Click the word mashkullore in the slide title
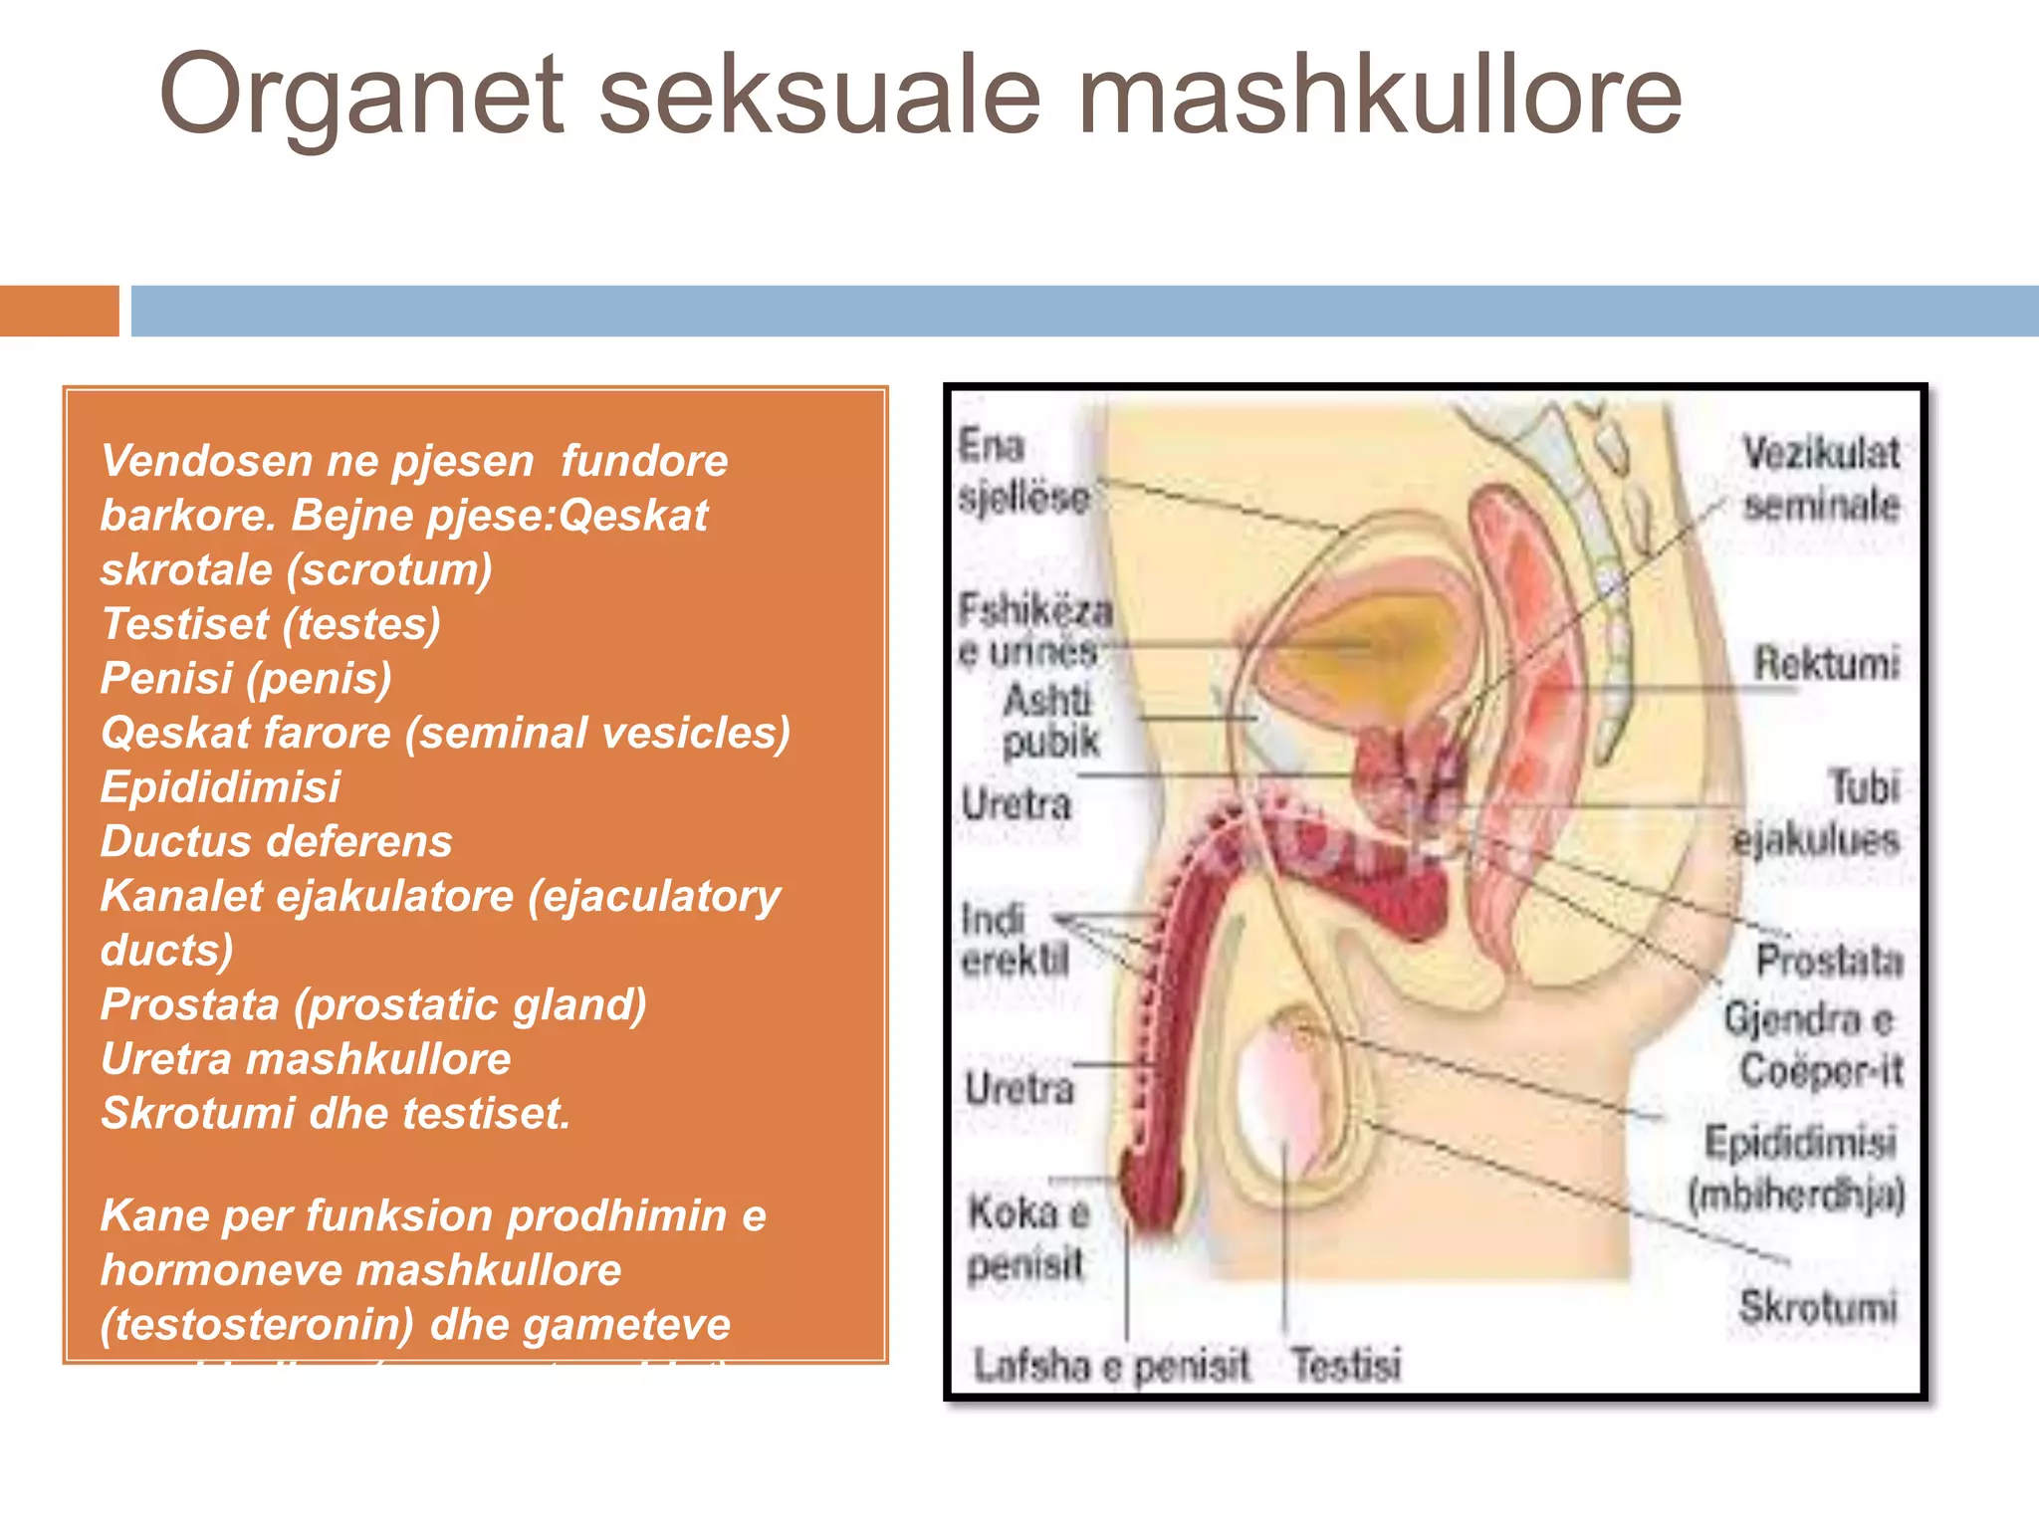point(1380,96)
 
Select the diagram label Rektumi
point(1826,663)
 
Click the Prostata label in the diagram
point(1829,961)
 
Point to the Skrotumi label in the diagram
point(1817,1306)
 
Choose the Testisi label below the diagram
point(1345,1363)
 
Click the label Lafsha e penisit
point(1110,1365)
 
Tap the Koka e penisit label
point(1027,1238)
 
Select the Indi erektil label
point(1014,940)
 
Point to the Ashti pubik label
point(1050,720)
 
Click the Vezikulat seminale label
point(1821,479)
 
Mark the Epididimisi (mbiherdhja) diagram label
point(1798,1168)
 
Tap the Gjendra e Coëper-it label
point(1812,1044)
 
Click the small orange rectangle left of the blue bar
point(59,311)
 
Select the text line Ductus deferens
point(276,841)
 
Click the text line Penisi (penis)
point(246,678)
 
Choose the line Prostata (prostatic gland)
point(373,1004)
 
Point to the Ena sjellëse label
point(1022,471)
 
